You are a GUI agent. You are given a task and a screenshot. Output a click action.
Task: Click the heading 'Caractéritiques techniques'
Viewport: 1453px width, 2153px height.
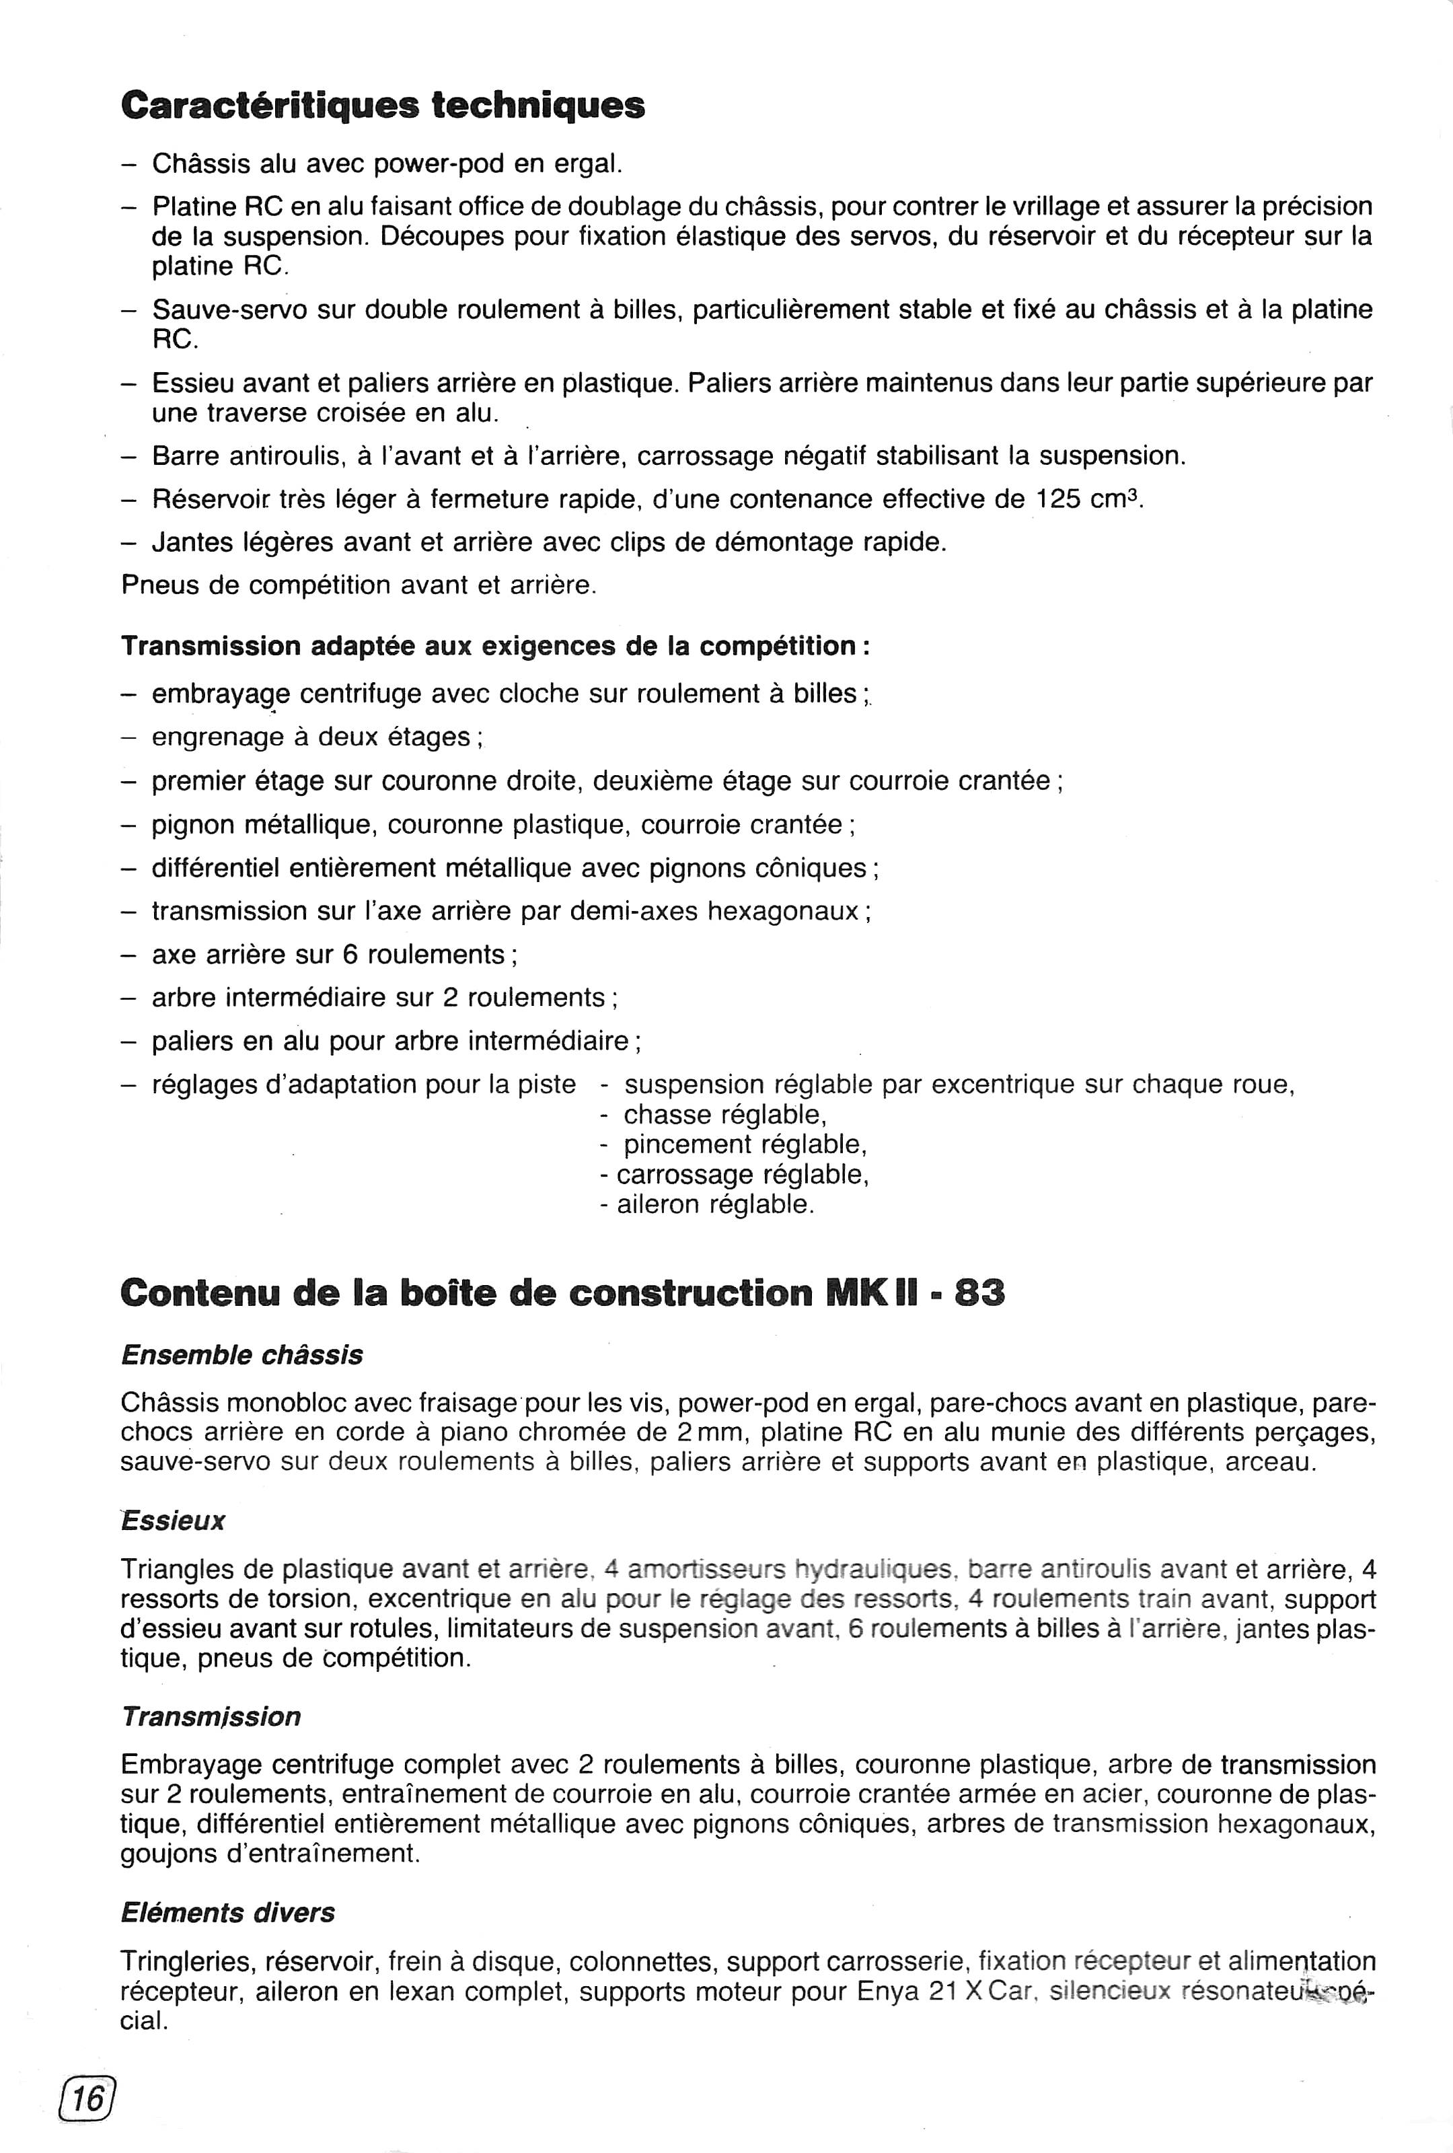coord(383,106)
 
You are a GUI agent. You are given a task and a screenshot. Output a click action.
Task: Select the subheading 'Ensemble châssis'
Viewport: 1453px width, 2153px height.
coord(241,1355)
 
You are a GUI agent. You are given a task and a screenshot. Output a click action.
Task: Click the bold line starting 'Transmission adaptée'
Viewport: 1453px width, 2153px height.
coord(496,646)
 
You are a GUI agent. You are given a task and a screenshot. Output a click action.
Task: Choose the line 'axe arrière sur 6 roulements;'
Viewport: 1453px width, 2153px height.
coord(328,954)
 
